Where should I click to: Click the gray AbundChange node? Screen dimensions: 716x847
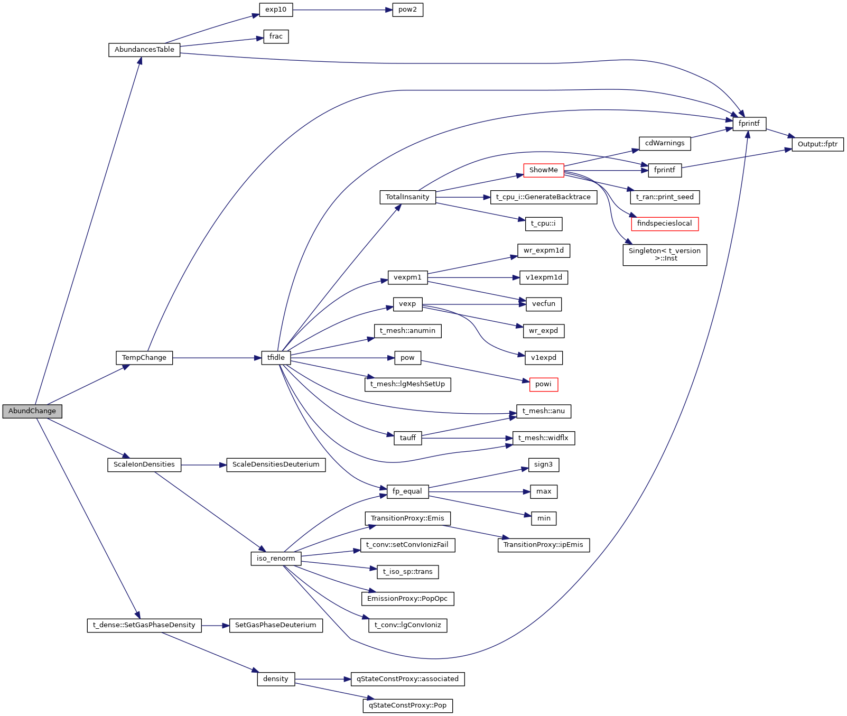click(32, 411)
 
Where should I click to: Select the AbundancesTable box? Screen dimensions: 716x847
click(144, 50)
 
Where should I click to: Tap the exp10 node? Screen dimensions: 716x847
click(276, 10)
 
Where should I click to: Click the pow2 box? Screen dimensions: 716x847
click(407, 10)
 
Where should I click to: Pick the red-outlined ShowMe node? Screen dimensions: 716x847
click(543, 170)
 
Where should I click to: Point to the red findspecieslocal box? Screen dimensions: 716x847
click(664, 224)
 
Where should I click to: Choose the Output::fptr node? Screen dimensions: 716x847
click(817, 144)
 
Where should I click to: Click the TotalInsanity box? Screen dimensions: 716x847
click(407, 197)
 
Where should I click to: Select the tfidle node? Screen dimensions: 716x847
click(276, 358)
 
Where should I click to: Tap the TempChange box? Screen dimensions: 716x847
click(144, 358)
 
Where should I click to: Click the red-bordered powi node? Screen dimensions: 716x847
click(543, 384)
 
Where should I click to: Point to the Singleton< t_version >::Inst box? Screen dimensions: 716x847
click(664, 255)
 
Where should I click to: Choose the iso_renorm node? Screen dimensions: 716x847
click(276, 559)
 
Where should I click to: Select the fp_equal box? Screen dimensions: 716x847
click(407, 491)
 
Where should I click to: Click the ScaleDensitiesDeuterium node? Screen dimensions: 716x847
click(276, 464)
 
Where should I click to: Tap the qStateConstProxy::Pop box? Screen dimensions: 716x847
click(407, 705)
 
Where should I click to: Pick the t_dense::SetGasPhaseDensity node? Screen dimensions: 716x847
click(144, 625)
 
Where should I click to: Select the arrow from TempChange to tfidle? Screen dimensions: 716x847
click(217, 358)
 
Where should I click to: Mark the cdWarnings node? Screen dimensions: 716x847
click(664, 143)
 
